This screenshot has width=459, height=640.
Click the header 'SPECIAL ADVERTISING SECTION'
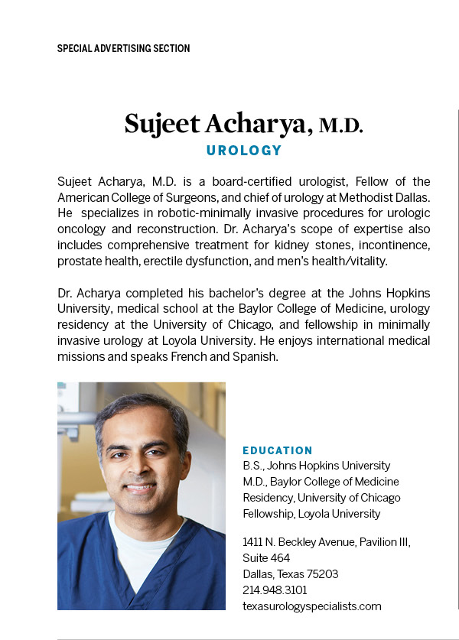tap(123, 48)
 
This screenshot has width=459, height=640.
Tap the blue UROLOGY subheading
tap(244, 151)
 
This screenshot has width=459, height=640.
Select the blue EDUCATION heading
tap(277, 450)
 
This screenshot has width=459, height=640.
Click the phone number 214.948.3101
tap(275, 590)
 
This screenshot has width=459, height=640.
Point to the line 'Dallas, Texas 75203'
tap(290, 573)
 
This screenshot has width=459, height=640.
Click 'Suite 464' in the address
tap(266, 557)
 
